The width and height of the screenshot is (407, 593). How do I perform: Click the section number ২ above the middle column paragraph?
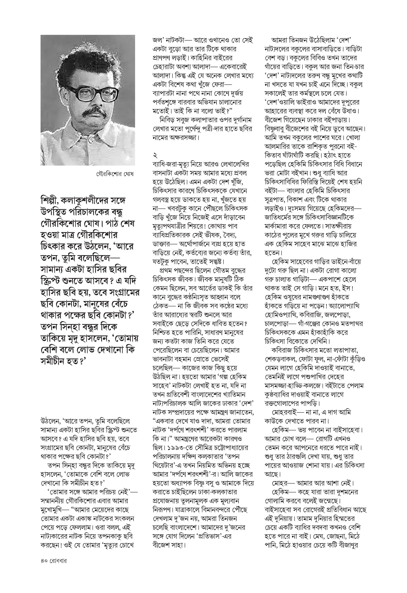155,155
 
